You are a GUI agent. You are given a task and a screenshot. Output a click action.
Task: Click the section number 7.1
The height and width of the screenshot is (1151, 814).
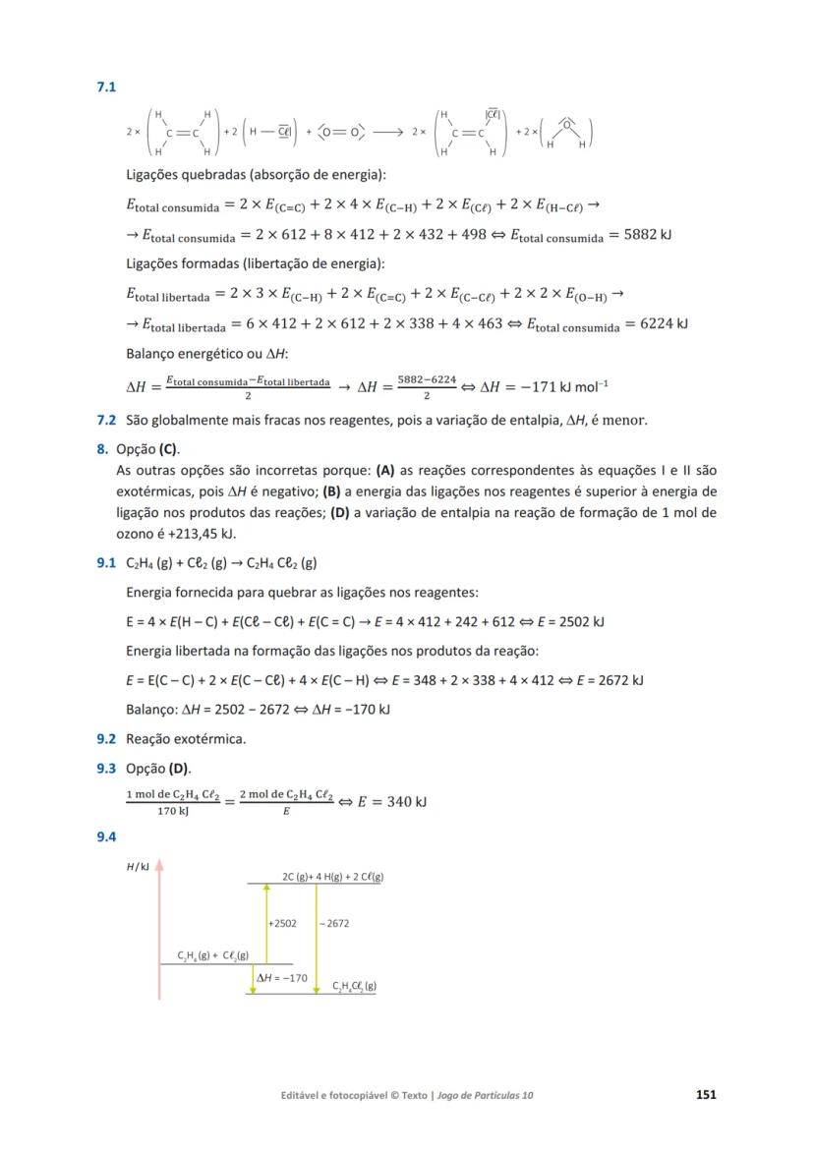point(106,87)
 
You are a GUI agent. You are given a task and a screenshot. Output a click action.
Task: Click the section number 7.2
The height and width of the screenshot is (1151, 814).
point(106,421)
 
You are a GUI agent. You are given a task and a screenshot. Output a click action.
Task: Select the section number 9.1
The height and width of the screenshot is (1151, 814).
point(106,563)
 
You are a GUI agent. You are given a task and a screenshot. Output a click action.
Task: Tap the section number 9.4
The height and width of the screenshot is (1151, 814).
point(106,836)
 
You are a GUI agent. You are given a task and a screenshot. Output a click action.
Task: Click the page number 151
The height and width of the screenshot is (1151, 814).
point(705,1095)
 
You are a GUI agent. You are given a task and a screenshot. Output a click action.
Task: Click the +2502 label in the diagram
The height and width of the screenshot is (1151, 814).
point(283,924)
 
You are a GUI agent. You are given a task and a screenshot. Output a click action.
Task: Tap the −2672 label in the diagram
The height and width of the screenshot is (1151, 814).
point(334,924)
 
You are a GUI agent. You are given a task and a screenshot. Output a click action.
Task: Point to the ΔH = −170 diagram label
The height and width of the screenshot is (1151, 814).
point(282,978)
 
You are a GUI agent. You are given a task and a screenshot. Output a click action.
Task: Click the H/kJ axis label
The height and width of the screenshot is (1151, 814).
point(138,868)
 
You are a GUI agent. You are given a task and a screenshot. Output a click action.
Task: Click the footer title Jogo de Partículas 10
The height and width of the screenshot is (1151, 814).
point(486,1095)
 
